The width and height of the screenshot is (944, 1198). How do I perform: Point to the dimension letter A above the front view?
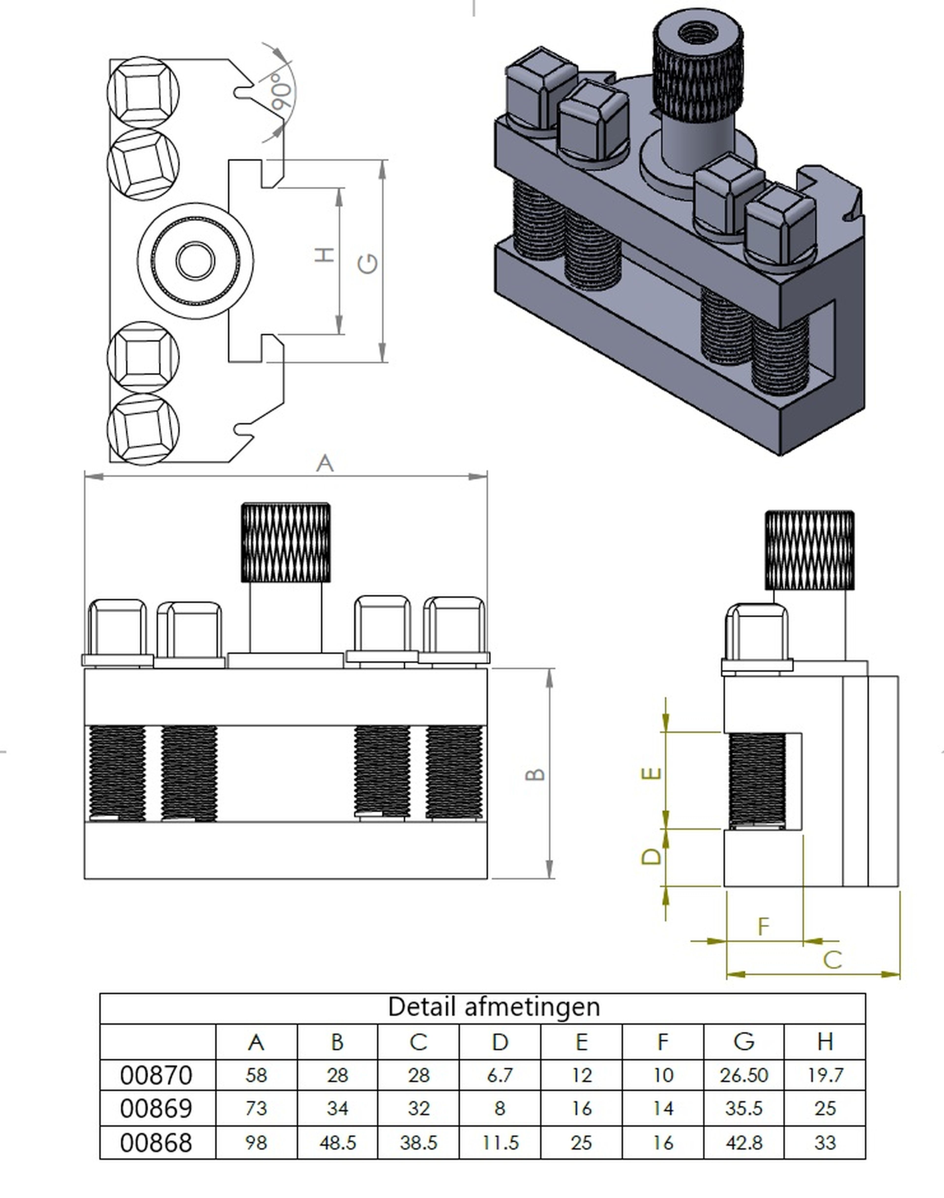(x=325, y=463)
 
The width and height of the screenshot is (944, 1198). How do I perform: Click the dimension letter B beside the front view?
(x=535, y=774)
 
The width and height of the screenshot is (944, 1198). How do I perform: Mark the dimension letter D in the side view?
(x=652, y=856)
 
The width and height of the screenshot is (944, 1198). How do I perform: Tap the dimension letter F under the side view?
(x=763, y=926)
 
